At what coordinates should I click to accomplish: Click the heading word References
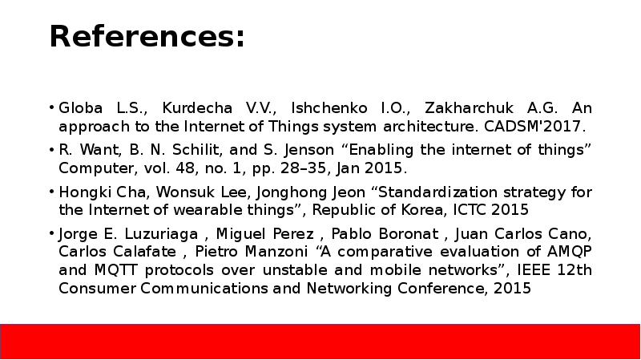pos(147,37)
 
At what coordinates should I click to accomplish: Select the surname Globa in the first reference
pos(79,108)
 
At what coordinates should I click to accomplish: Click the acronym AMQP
pos(570,252)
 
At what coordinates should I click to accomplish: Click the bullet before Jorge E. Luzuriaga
pos(51,234)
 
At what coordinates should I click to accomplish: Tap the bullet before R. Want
pos(51,150)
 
